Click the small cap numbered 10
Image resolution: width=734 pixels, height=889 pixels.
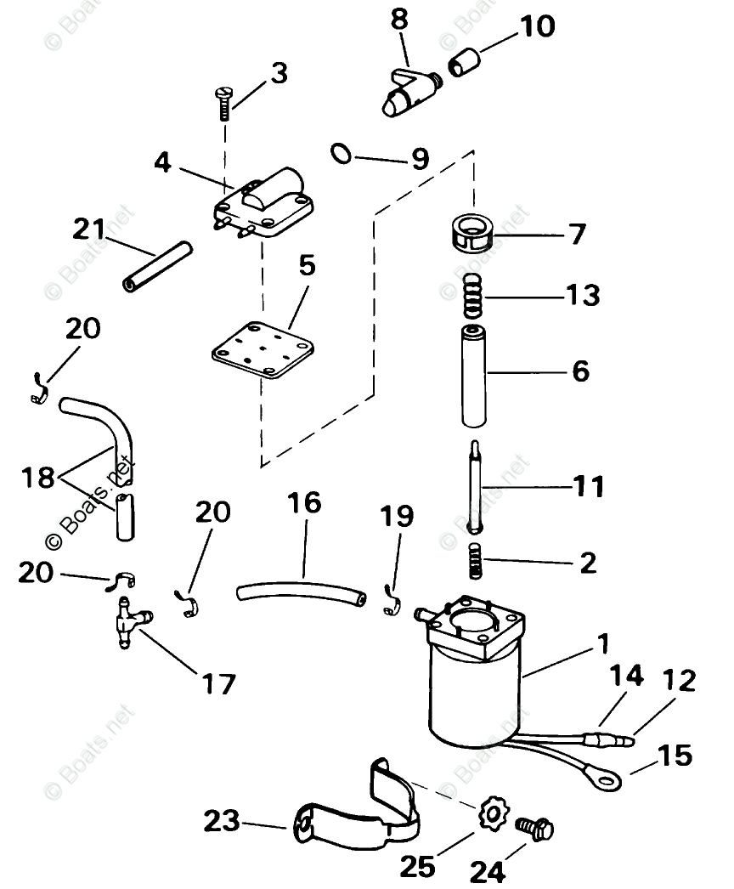[x=465, y=62]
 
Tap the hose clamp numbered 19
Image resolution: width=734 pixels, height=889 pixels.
[x=392, y=600]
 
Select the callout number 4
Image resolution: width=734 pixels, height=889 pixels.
[x=162, y=161]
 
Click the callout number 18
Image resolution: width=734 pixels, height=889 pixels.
[x=38, y=478]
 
